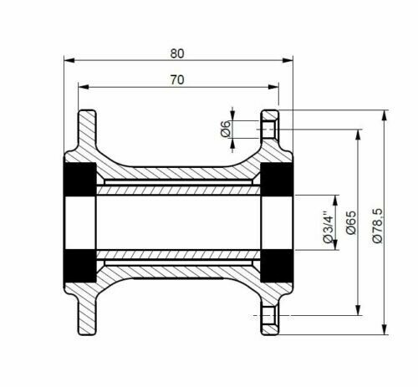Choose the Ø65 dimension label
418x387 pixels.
(351, 222)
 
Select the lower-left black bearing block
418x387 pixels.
(81, 266)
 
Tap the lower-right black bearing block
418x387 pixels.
(275, 266)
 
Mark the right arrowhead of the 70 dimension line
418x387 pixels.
(274, 86)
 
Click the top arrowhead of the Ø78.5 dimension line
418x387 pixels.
(383, 114)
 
